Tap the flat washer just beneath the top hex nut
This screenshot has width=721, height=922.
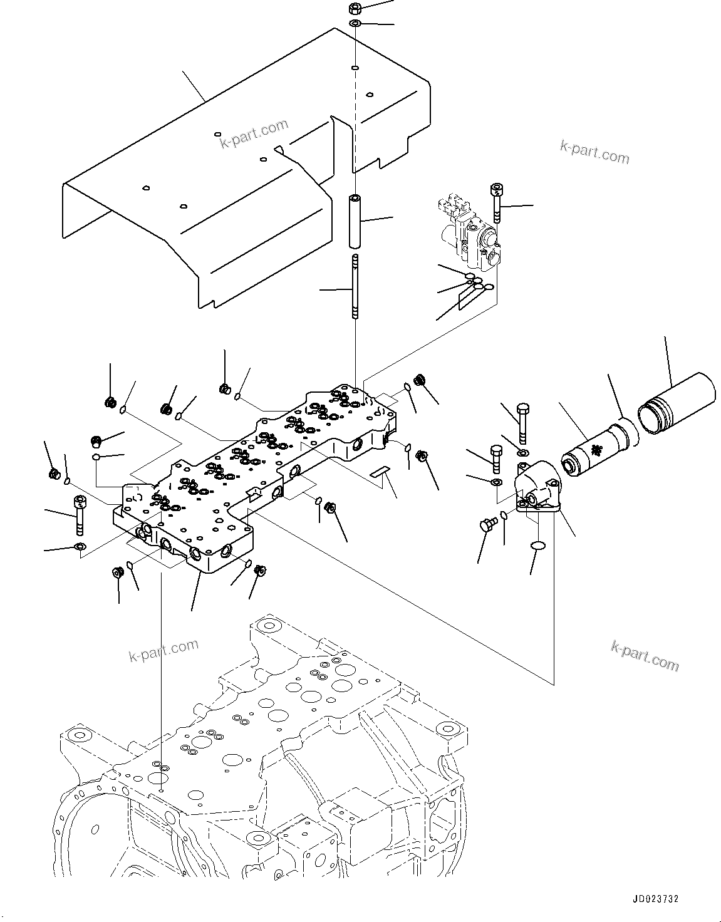[x=355, y=24]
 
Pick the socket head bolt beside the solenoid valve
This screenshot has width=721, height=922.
[x=497, y=202]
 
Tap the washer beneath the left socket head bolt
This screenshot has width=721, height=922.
[x=79, y=548]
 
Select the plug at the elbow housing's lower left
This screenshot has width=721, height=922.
[x=485, y=524]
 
